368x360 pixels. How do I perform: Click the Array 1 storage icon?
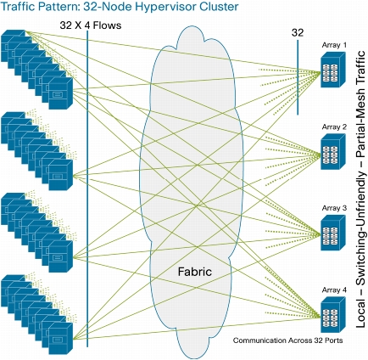tap(333, 70)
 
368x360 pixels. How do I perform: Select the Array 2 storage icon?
tap(333, 151)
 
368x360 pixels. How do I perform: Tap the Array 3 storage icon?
tap(333, 233)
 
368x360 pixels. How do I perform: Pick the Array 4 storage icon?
tap(333, 315)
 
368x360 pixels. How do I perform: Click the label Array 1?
tap(334, 45)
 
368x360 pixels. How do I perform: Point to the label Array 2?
tap(334, 127)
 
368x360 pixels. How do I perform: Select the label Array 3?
tap(334, 208)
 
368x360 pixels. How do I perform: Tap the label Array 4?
tap(334, 290)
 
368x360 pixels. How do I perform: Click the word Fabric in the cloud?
tap(195, 272)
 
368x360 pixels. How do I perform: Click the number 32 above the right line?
tap(298, 33)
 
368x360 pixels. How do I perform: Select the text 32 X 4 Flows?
tap(91, 25)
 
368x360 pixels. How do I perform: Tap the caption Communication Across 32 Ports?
tap(287, 340)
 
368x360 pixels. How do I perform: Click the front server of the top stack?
tap(61, 93)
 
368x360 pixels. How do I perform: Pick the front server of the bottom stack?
tap(61, 339)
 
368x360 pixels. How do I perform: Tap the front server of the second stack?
tap(61, 175)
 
